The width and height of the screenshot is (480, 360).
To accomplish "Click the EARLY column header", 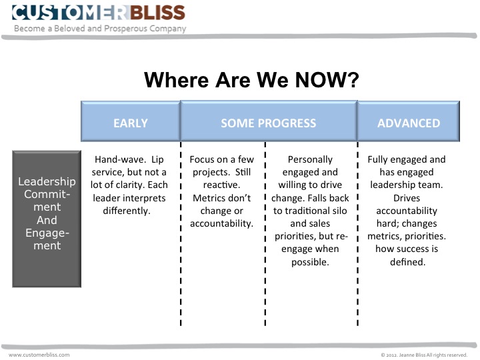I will (x=131, y=123).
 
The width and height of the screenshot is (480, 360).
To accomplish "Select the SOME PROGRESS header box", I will (x=268, y=123).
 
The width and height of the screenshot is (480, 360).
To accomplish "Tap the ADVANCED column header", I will (x=409, y=123).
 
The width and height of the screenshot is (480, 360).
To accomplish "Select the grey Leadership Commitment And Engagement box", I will (x=47, y=219).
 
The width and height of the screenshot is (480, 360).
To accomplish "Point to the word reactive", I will (x=221, y=185).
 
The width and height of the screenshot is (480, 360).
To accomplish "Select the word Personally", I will (x=310, y=160).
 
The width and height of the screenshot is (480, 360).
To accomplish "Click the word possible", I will (x=310, y=261).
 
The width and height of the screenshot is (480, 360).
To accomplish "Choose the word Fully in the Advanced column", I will (x=381, y=160).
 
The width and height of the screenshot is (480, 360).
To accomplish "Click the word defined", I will (x=407, y=261).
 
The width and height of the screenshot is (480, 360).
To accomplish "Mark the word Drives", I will (x=407, y=198).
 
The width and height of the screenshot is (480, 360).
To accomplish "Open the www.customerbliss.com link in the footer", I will (x=39, y=355).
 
